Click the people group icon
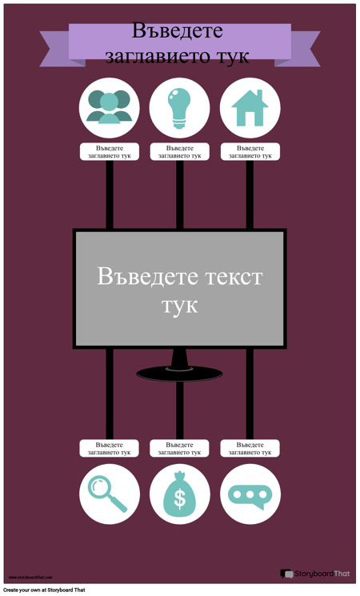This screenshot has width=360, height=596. point(110,107)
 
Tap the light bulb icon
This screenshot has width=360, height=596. point(180,107)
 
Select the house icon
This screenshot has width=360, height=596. point(250,107)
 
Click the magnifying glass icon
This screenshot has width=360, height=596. point(109,494)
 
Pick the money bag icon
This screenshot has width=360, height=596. point(180,494)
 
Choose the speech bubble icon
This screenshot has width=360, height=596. point(250,494)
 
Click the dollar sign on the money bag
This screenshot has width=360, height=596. point(180,499)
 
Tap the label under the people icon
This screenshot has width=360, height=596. point(110,152)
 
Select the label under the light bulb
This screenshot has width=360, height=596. point(180,152)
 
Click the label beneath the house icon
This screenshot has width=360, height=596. point(250,152)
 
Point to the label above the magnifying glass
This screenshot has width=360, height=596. point(110,448)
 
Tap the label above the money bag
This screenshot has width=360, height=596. point(180,448)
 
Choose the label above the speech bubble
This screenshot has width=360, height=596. point(250,448)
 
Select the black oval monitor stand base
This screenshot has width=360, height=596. point(180,372)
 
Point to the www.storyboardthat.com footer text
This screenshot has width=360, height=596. point(30,577)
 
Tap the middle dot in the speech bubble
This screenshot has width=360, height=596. point(250,494)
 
